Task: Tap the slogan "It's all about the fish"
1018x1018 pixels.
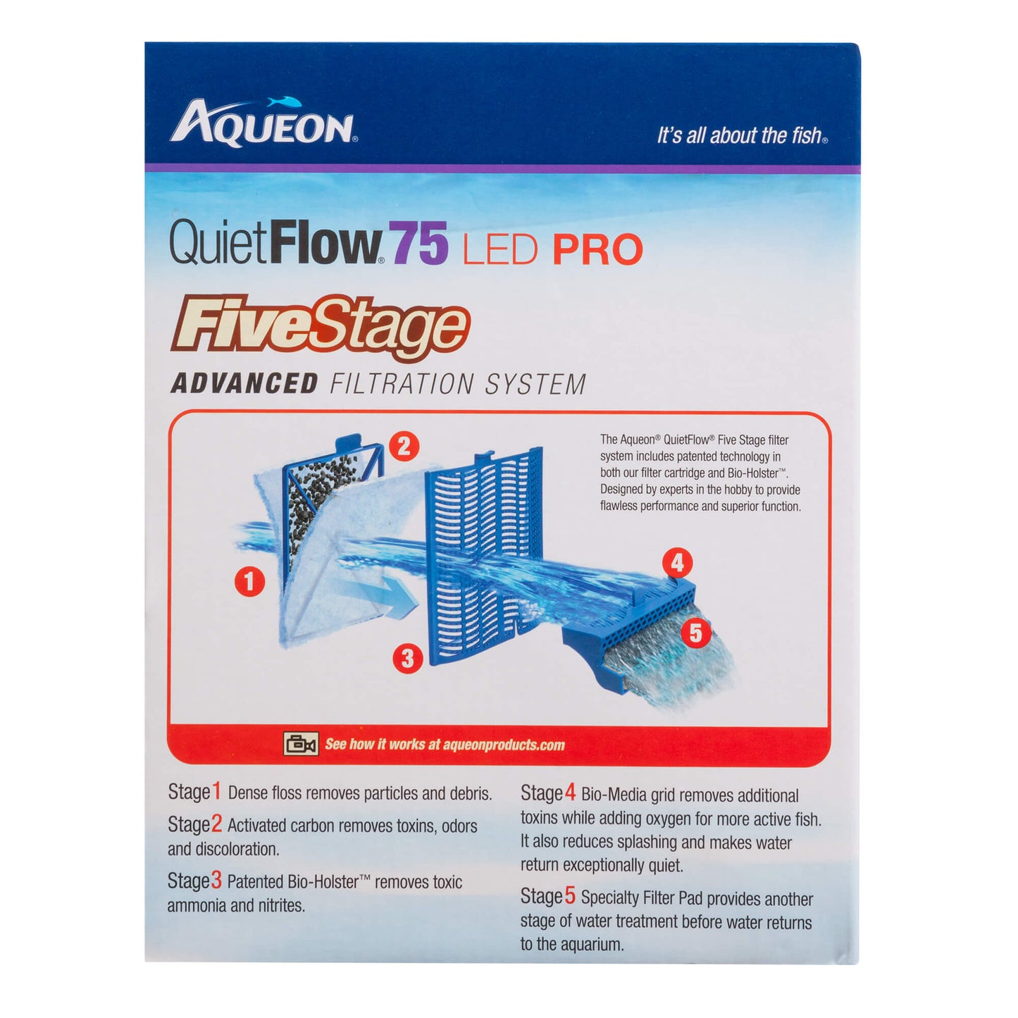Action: point(741,135)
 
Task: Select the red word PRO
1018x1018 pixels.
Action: point(597,250)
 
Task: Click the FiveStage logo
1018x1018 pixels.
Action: point(318,329)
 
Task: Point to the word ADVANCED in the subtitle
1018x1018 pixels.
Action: point(244,384)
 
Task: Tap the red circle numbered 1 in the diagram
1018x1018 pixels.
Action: point(249,582)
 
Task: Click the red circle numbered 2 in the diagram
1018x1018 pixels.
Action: point(404,447)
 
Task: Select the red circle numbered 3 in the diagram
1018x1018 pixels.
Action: point(408,659)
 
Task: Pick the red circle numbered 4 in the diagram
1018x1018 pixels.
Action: point(677,563)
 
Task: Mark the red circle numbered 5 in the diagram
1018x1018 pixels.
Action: point(696,633)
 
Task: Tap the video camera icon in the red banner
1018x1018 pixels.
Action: point(300,744)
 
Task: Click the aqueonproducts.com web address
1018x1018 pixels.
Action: point(504,745)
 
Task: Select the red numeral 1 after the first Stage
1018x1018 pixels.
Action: point(217,792)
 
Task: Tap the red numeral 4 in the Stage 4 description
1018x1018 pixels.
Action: point(570,793)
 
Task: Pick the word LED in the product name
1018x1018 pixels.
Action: point(500,250)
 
